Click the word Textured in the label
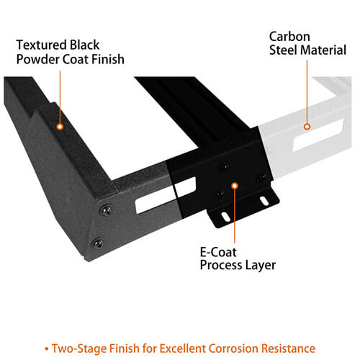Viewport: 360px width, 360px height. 42,45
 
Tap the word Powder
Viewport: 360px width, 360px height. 38,59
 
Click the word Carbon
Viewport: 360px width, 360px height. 289,37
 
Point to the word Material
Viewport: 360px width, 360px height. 323,50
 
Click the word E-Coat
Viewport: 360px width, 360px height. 218,252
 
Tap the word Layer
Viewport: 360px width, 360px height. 261,266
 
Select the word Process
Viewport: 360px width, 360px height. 221,265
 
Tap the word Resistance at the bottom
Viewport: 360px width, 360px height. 288,348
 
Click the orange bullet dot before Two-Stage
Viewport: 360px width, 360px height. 47,349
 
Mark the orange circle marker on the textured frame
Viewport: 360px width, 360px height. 60,127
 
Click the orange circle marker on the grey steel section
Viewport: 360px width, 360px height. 307,127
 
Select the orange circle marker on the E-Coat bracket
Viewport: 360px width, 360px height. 235,186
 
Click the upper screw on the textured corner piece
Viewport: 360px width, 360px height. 106,210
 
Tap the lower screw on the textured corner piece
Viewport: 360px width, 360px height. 98,244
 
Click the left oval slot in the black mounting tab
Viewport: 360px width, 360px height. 225,216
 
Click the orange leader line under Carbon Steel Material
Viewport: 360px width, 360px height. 307,91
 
